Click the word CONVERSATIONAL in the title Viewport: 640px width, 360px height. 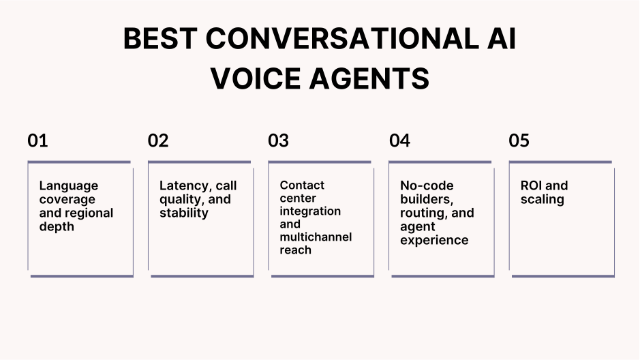320,39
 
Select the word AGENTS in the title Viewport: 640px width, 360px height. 370,78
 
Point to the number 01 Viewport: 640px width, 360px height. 37,140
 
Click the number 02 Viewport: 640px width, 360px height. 157,140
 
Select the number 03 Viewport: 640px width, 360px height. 278,140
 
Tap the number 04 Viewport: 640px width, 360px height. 400,140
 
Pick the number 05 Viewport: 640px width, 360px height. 519,140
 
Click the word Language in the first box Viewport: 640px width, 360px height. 68,185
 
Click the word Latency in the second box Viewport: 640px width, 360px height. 183,185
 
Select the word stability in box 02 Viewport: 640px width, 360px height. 183,213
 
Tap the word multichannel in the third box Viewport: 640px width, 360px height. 316,237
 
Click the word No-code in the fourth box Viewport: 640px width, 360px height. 426,185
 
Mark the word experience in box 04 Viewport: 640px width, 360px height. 434,240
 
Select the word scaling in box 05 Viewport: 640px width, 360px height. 542,199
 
